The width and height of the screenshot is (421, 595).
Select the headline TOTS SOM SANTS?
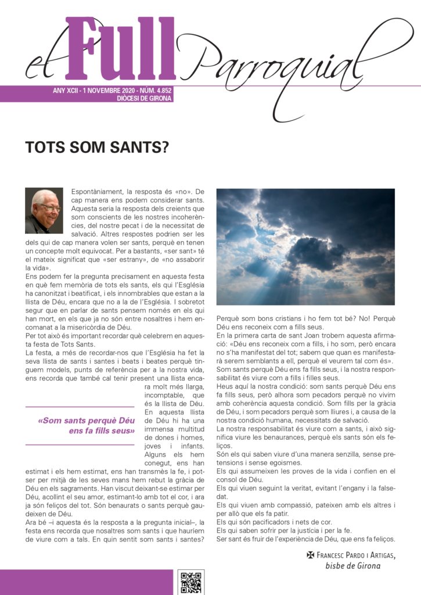97,148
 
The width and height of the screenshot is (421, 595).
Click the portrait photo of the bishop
45,210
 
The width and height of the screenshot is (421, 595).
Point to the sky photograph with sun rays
305,246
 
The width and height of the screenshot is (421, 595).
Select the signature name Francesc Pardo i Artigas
355,555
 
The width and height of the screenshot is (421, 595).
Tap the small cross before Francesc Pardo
311,555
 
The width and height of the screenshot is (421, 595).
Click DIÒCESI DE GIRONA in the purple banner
142,98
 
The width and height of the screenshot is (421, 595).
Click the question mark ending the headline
164,148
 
